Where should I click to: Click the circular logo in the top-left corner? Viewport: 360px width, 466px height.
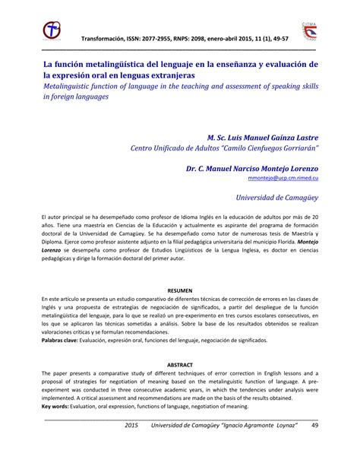[x=52, y=31]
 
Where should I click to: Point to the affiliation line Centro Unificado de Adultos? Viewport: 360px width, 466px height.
[x=197, y=148]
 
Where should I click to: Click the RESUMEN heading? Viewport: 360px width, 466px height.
[x=180, y=290]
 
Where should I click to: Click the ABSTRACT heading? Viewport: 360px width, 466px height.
[x=180, y=364]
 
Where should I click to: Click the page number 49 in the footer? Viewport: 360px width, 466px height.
[x=314, y=446]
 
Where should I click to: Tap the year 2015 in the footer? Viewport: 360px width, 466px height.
[x=133, y=446]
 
